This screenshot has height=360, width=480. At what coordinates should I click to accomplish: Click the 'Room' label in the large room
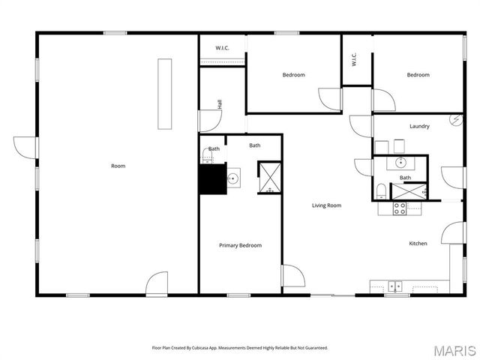point(118,166)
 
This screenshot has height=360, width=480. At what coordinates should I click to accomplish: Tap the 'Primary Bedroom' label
point(240,245)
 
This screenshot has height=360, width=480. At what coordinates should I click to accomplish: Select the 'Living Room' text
point(327,205)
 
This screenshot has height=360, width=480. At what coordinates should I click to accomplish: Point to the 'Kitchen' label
point(418,243)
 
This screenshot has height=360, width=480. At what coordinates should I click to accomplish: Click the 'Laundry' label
point(419,126)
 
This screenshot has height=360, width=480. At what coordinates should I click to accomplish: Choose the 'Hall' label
point(220,106)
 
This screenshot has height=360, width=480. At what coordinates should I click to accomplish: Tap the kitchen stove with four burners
point(400,208)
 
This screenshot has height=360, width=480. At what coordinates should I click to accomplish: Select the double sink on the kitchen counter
point(395,286)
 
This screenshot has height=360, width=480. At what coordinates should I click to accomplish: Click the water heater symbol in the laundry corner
point(455,119)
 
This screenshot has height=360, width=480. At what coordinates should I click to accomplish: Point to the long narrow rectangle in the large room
point(164,94)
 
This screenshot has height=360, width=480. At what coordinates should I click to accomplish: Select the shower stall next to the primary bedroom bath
point(268,177)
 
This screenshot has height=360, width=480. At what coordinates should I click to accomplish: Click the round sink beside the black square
point(233,178)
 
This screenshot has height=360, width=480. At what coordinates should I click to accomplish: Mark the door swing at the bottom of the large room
point(157,283)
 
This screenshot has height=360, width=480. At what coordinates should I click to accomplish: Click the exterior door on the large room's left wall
point(25,147)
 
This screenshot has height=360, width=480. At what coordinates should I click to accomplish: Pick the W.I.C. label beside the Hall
point(222,48)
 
